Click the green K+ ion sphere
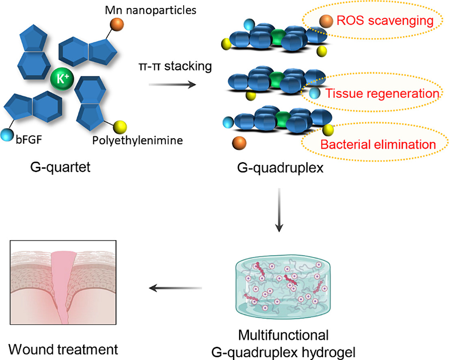pyautogui.click(x=62, y=78)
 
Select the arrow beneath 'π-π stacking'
pyautogui.click(x=173, y=84)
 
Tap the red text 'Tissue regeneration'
pyautogui.click(x=382, y=94)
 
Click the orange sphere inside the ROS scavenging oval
pyautogui.click(x=326, y=21)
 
